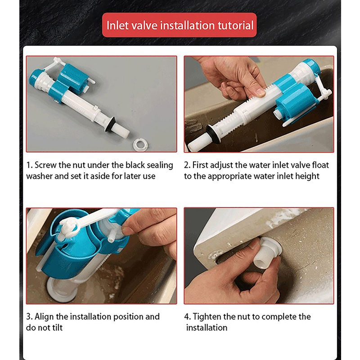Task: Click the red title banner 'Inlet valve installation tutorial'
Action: (x=179, y=25)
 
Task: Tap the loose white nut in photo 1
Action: (x=140, y=144)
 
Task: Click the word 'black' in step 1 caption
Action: (x=135, y=165)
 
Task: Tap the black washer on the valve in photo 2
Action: (x=212, y=132)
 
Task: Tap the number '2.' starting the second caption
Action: (x=187, y=165)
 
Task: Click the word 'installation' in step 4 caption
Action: (x=207, y=328)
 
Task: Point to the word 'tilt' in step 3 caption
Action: (x=58, y=328)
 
